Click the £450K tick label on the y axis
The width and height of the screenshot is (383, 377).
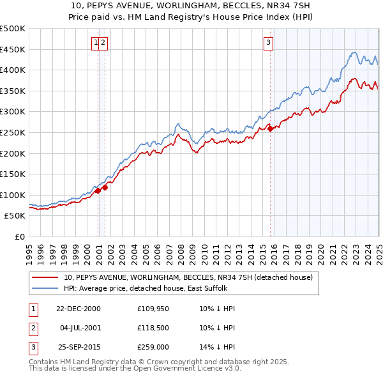tap(13, 49)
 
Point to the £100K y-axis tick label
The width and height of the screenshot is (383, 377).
tap(13, 195)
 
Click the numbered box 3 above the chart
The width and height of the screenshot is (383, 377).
tap(269, 43)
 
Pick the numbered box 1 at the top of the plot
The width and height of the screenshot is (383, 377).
tap(96, 43)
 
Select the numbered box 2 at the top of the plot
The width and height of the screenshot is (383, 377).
tap(103, 43)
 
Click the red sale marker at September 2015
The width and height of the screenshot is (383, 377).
tap(271, 128)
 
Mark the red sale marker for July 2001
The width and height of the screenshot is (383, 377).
tap(105, 187)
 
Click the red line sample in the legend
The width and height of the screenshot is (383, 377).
tap(46, 277)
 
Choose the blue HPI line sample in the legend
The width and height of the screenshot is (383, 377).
tap(46, 289)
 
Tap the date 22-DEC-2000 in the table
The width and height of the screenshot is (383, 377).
tap(78, 309)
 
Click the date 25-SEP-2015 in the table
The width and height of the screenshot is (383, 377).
tap(78, 347)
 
